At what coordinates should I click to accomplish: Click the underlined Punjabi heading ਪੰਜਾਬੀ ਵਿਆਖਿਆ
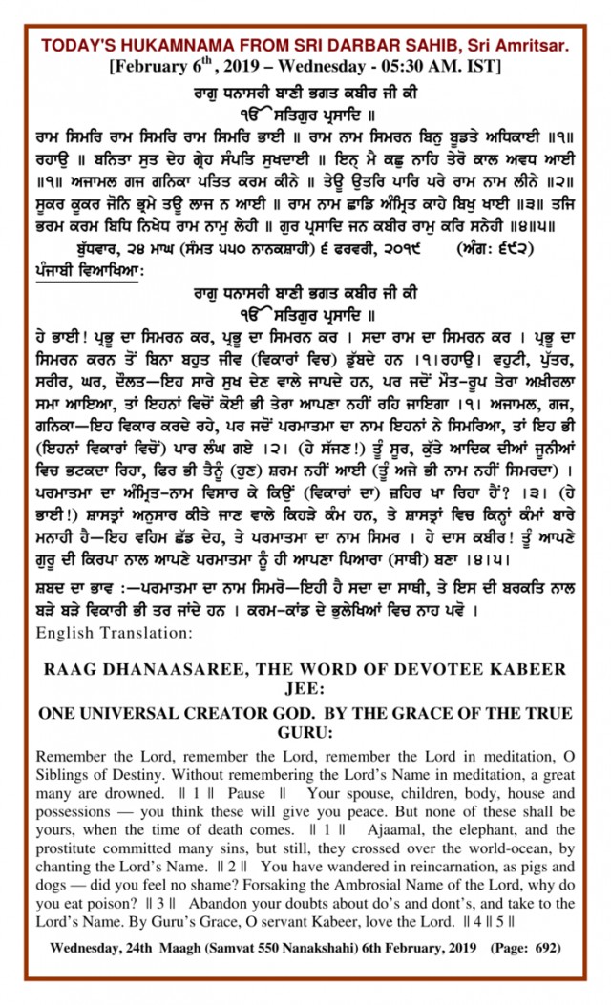click(x=87, y=270)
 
